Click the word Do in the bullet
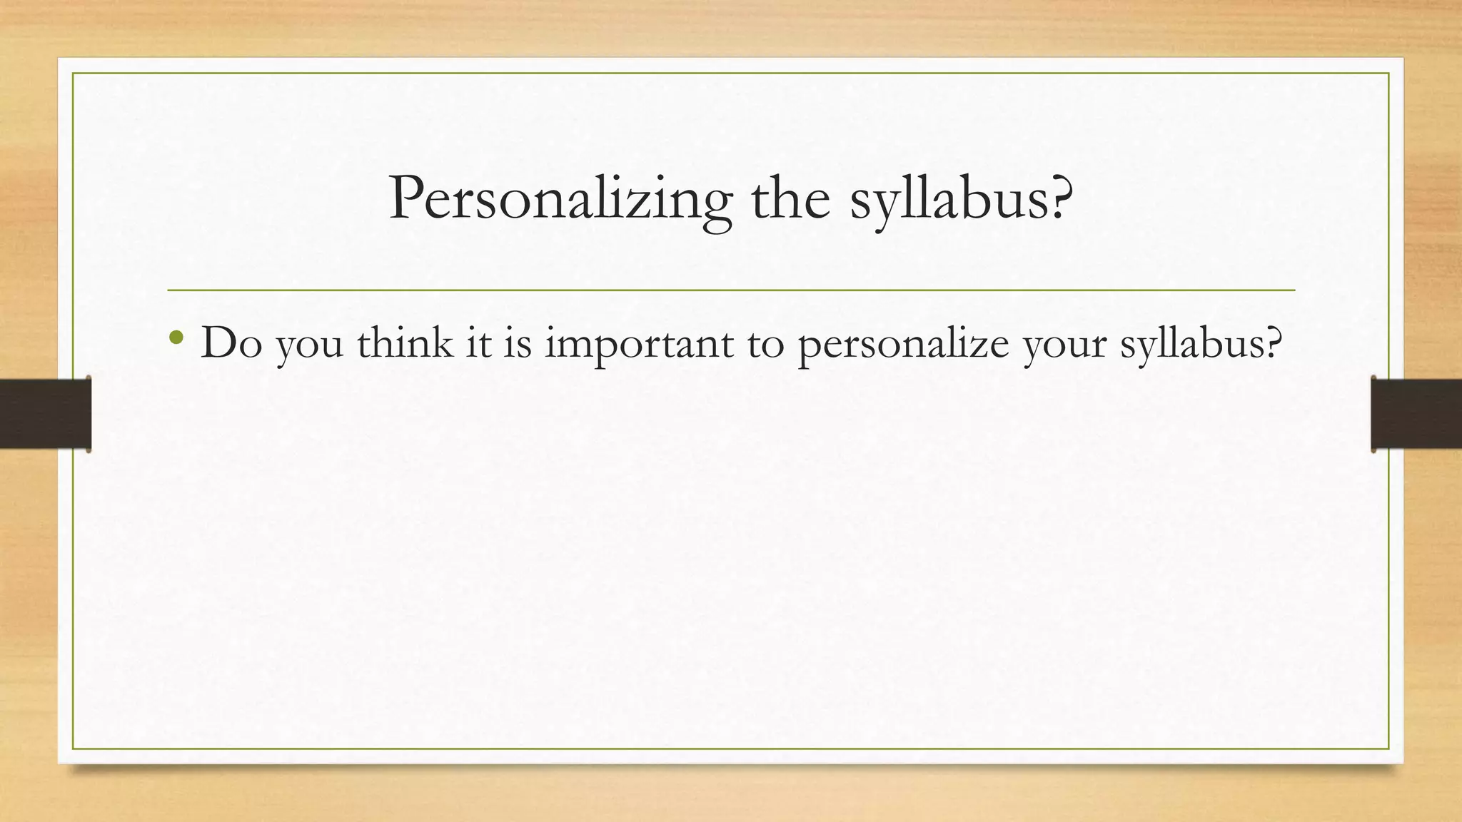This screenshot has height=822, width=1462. [232, 342]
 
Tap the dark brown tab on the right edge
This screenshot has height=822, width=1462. [1416, 414]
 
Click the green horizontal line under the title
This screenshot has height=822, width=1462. [731, 290]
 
